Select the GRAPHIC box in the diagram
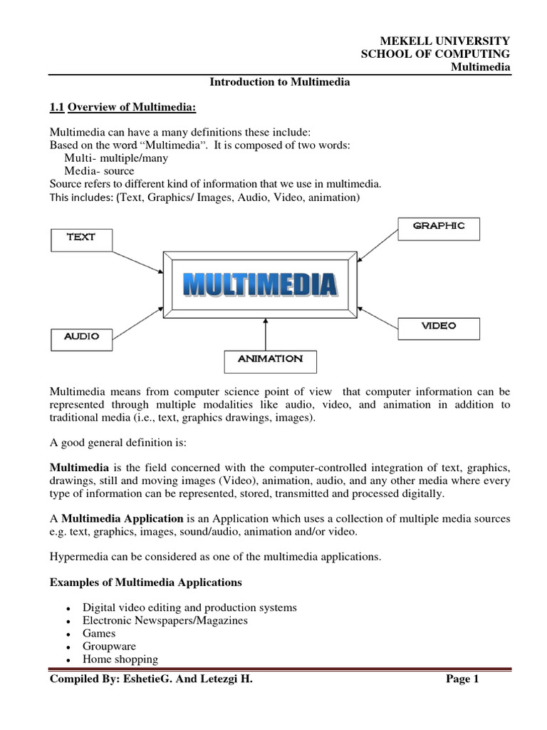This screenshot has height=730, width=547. coord(439,227)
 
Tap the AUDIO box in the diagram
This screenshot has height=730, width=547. coord(81,336)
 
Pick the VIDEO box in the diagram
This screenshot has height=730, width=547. coord(439,327)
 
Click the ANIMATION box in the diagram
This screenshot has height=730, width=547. coord(270,359)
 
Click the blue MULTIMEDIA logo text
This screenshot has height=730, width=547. coord(261,285)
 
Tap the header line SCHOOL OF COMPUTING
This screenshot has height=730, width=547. coord(436,54)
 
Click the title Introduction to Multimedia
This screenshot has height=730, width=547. coord(279,82)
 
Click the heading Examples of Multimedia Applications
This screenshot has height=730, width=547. coord(145,582)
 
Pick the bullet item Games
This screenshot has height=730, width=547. coord(99,633)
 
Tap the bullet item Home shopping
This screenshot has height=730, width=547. coord(120,659)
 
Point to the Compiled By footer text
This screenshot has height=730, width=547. coord(151,680)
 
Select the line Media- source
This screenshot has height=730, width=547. coord(99,171)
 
